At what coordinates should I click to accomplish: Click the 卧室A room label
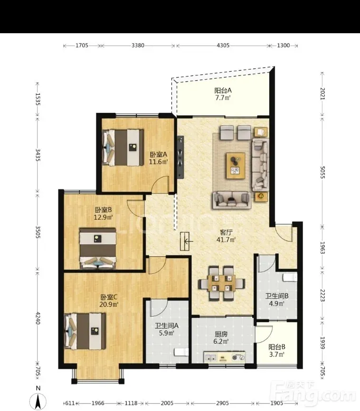click(158, 154)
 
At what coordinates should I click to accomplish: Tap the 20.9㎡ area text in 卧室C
click(109, 304)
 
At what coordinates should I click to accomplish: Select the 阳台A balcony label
click(223, 91)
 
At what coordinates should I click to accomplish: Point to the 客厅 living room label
click(226, 232)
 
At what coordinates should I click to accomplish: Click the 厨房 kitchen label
click(221, 334)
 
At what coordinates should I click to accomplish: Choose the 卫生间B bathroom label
click(277, 296)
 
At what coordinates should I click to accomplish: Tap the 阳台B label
click(277, 347)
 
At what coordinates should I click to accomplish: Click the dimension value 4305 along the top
click(223, 46)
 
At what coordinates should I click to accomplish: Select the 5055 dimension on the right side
click(322, 172)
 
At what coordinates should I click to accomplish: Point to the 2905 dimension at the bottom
click(223, 403)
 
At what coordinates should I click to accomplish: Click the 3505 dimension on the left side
click(38, 232)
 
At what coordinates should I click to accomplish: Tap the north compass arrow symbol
click(38, 402)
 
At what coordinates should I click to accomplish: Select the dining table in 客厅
click(222, 283)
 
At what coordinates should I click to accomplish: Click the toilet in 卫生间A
click(181, 352)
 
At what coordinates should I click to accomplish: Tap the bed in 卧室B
click(98, 248)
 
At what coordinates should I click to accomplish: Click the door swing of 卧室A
click(161, 185)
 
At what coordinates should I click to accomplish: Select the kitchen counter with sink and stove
click(224, 357)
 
